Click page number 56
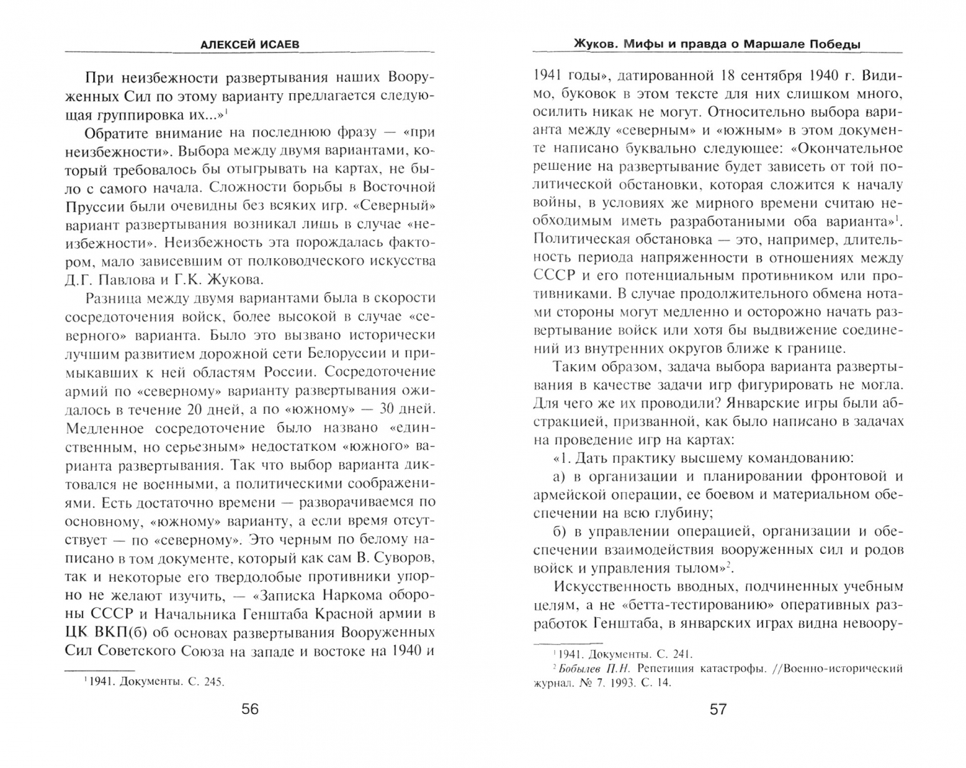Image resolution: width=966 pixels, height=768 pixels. pos(250,709)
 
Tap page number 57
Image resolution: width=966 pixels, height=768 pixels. pos(718,709)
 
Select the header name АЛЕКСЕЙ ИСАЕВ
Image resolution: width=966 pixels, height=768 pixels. pos(250,44)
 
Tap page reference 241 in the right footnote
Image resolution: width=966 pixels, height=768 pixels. pos(679,654)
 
